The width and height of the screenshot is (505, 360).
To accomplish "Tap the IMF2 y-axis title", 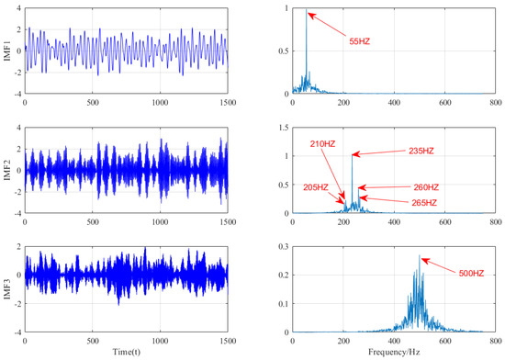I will click(8, 170).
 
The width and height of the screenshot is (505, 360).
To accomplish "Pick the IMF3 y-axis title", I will click(8, 288).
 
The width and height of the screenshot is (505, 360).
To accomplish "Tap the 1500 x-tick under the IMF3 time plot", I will click(226, 341).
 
